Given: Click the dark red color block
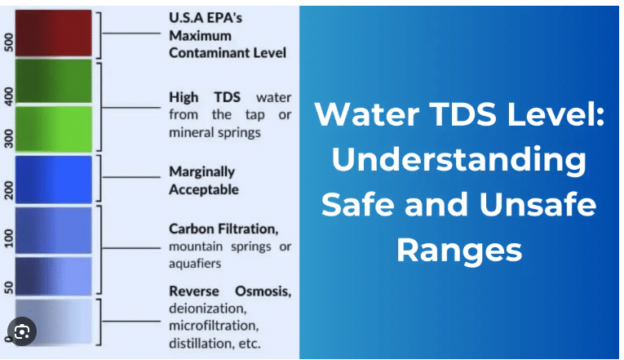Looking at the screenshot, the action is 53,33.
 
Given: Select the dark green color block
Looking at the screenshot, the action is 53,81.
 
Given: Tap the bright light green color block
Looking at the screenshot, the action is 53,129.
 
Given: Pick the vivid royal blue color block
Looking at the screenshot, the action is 53,180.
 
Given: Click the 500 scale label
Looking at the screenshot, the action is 9,42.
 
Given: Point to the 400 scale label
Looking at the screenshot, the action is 9,96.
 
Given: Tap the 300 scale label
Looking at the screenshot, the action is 9,139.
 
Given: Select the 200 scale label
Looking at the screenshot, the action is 9,190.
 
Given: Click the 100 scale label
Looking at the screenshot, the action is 9,238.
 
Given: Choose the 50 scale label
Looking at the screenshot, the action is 9,287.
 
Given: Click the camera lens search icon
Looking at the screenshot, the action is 22,331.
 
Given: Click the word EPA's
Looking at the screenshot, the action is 224,18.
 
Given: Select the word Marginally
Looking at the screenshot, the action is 201,172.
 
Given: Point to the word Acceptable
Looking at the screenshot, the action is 204,189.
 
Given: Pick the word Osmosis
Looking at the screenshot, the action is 263,291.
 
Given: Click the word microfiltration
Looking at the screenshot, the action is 214,326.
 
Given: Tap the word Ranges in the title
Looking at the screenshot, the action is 459,251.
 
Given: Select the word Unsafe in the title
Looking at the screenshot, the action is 538,204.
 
